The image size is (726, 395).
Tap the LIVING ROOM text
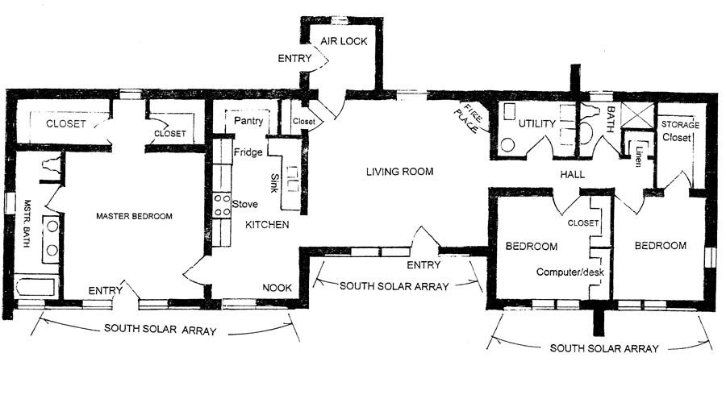(399, 172)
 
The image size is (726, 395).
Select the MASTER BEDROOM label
(134, 216)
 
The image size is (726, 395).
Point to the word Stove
(244, 204)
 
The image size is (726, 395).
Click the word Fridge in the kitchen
(246, 152)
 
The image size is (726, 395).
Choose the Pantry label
(249, 121)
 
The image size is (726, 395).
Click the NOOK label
(277, 287)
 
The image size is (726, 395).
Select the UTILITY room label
(536, 124)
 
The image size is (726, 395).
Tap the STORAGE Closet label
(680, 131)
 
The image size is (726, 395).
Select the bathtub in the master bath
(36, 287)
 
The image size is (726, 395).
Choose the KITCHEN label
(267, 225)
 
